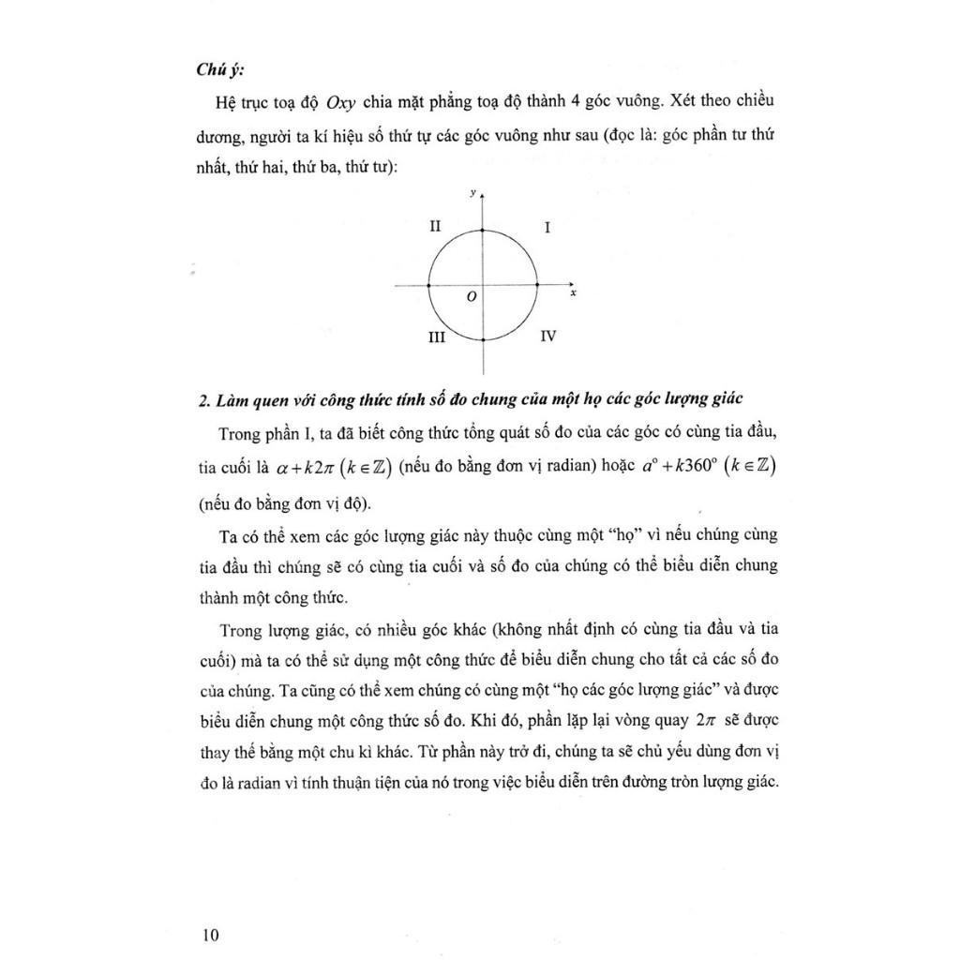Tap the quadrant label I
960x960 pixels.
(x=547, y=228)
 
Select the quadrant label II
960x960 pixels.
(x=435, y=227)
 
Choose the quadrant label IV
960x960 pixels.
(x=548, y=335)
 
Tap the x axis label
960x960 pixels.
(x=572, y=293)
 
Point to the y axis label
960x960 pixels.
(x=472, y=192)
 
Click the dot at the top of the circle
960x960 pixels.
(x=482, y=230)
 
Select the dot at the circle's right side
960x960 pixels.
(x=536, y=284)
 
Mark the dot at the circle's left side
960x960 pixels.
(x=428, y=284)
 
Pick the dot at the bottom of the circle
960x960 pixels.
(x=482, y=338)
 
